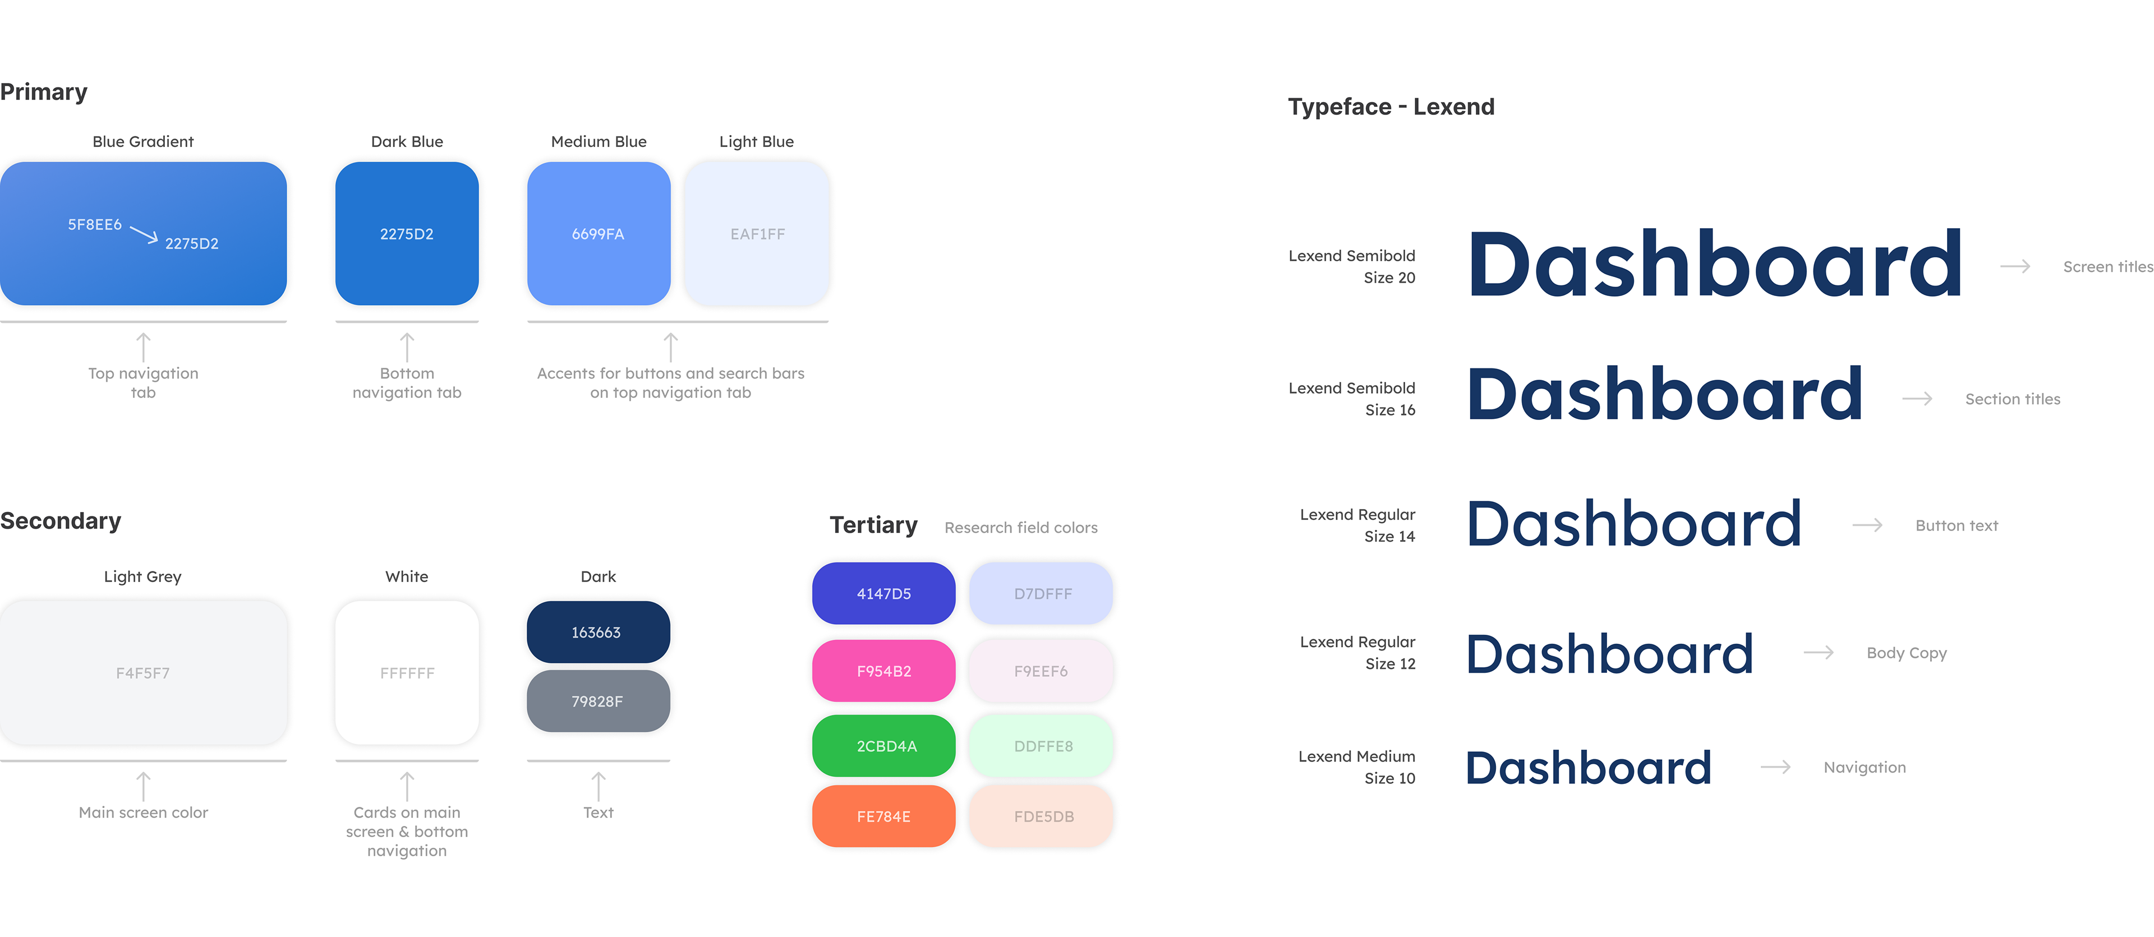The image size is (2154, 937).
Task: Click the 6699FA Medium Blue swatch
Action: [599, 234]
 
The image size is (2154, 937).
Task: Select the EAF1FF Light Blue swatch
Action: [757, 234]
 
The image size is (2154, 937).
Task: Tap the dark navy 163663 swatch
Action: [598, 632]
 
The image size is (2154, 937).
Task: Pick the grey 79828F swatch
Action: [598, 701]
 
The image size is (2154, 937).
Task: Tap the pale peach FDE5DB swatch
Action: [1041, 816]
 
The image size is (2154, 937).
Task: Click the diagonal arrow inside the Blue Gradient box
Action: [144, 235]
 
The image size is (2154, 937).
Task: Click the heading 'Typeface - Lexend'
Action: [1391, 107]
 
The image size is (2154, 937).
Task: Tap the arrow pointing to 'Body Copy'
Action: [1818, 653]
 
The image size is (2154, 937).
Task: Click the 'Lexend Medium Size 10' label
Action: [1356, 767]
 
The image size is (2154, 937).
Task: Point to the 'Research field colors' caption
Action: [1020, 528]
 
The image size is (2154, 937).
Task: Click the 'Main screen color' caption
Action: [143, 813]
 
